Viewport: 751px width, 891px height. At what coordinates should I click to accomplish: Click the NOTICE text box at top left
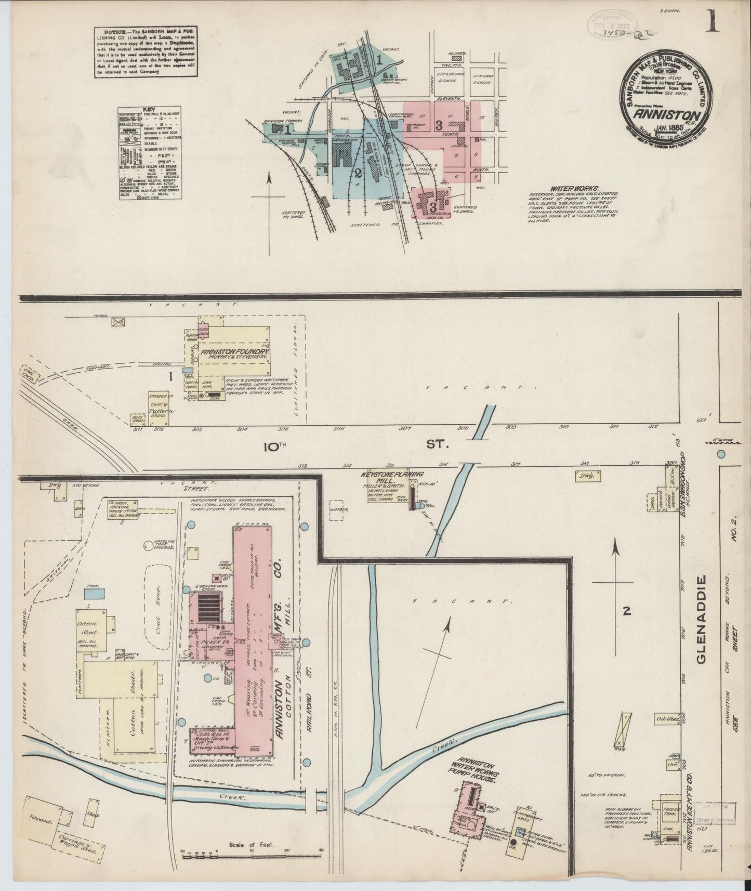pyautogui.click(x=147, y=52)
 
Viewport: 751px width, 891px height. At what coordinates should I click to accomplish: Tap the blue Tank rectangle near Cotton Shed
pyautogui.click(x=94, y=592)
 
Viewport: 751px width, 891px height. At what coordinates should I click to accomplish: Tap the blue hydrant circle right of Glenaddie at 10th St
pyautogui.click(x=721, y=454)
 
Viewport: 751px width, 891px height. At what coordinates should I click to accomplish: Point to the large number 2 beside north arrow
pyautogui.click(x=627, y=612)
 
